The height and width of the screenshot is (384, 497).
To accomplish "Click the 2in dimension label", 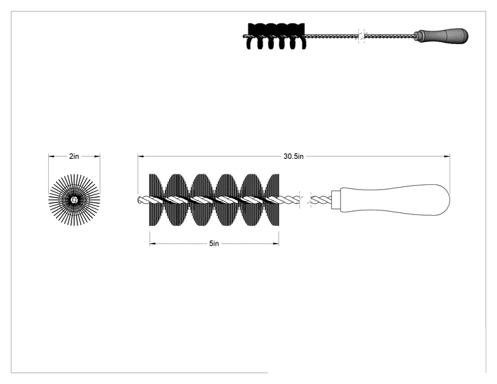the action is pyautogui.click(x=74, y=156).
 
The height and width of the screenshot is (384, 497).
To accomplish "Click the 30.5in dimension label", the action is pyautogui.click(x=293, y=156).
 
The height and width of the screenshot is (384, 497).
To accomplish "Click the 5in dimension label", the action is pyautogui.click(x=214, y=243).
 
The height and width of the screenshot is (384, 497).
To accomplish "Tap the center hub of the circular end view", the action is pyautogui.click(x=74, y=200).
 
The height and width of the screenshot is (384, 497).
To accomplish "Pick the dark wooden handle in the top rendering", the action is pyautogui.click(x=442, y=35).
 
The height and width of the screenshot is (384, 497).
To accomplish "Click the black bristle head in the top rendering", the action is pyautogui.click(x=276, y=36).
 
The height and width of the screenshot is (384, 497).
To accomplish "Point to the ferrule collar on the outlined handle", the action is pyautogui.click(x=335, y=200).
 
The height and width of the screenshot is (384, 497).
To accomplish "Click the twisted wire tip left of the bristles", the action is pyautogui.click(x=143, y=200).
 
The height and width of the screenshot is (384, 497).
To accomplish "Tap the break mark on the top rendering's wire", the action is pyautogui.click(x=361, y=36).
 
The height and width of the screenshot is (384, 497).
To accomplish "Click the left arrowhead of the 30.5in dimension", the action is pyautogui.click(x=140, y=156).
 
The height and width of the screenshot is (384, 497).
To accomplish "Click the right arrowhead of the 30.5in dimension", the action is pyautogui.click(x=447, y=156).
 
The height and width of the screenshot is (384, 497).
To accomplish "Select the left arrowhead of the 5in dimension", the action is pyautogui.click(x=152, y=244).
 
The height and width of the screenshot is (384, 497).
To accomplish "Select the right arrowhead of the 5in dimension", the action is pyautogui.click(x=276, y=244).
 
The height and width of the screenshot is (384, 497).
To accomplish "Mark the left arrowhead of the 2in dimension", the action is pyautogui.click(x=51, y=156).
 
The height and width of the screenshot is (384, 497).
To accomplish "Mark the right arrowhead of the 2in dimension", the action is pyautogui.click(x=97, y=156).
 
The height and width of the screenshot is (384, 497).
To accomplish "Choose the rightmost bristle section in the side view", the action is pyautogui.click(x=273, y=200).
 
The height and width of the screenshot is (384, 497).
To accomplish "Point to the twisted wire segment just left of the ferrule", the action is pyautogui.click(x=321, y=200).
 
